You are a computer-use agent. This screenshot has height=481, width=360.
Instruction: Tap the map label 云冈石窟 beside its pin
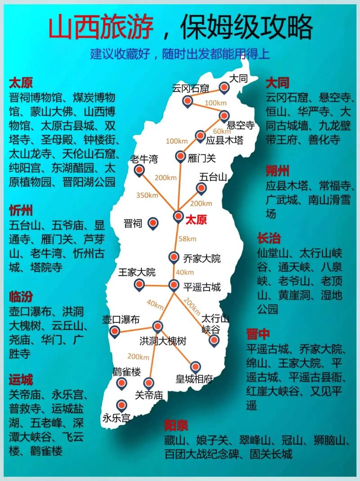[190, 89]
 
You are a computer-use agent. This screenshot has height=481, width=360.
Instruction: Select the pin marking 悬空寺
[224, 116]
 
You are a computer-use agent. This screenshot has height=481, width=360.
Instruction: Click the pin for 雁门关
[180, 157]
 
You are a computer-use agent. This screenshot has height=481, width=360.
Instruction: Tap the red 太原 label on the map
[196, 220]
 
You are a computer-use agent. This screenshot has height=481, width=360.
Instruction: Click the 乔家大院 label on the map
[202, 258]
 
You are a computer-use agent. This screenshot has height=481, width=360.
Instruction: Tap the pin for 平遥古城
[174, 285]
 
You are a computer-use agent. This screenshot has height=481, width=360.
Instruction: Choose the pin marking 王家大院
[140, 284]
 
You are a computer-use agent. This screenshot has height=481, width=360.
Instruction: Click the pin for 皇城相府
[195, 366]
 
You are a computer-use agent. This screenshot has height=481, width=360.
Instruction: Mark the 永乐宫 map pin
[121, 404]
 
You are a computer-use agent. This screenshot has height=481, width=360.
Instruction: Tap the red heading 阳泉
[176, 425]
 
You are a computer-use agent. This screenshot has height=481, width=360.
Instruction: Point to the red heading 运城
[21, 380]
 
